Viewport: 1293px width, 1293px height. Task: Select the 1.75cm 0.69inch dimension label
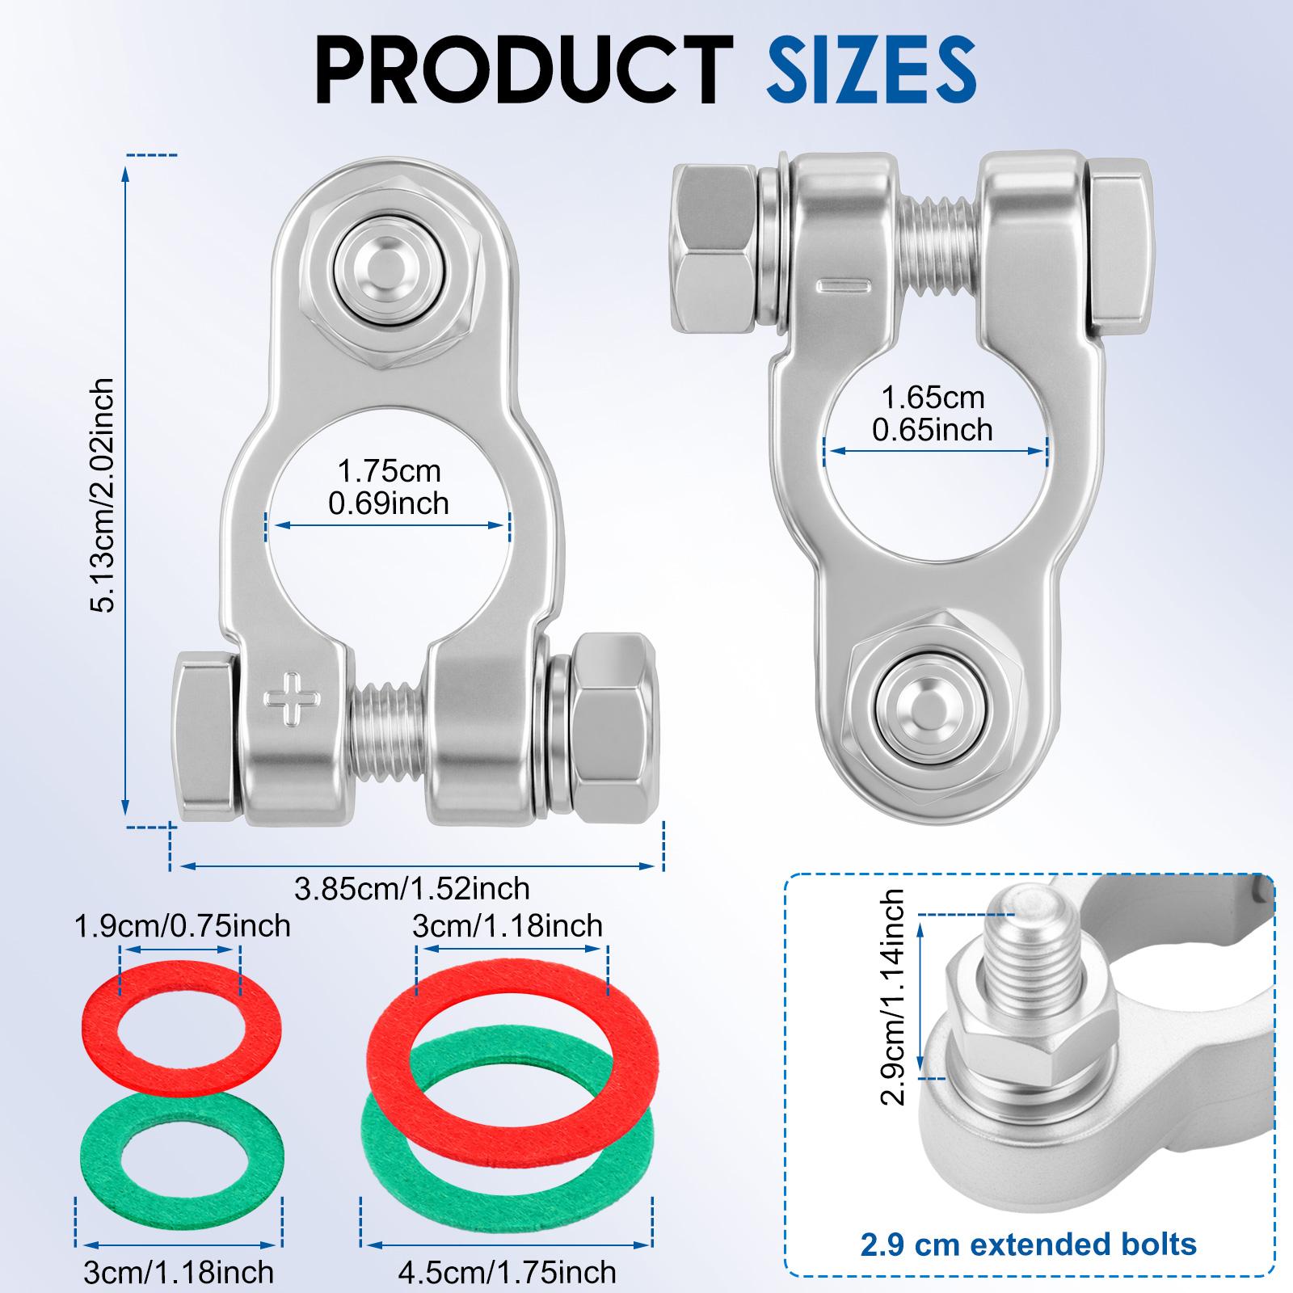[x=389, y=486]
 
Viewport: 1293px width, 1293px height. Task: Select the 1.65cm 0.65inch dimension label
[x=933, y=414]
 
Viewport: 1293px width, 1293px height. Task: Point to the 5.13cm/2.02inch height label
[x=103, y=496]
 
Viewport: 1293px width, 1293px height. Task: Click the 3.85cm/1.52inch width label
[x=412, y=889]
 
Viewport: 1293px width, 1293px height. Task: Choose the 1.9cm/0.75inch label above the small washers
[x=182, y=925]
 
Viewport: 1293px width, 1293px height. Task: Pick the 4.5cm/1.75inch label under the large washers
[x=507, y=1272]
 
